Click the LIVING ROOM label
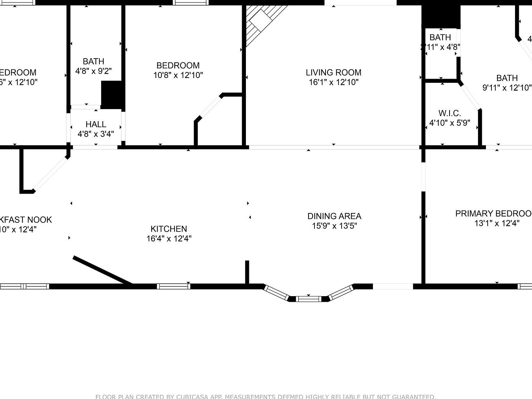pyautogui.click(x=333, y=72)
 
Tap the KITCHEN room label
pyautogui.click(x=169, y=229)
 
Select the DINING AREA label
pyautogui.click(x=334, y=216)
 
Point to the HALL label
pyautogui.click(x=96, y=124)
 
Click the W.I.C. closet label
pyautogui.click(x=450, y=113)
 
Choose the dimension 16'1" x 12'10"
pyautogui.click(x=333, y=82)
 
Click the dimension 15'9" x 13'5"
pyautogui.click(x=334, y=226)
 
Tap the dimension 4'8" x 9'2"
pyautogui.click(x=94, y=71)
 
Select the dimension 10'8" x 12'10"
pyautogui.click(x=178, y=75)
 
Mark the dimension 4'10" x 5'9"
pyautogui.click(x=450, y=123)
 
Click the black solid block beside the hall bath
pyautogui.click(x=112, y=95)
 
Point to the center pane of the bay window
pyautogui.click(x=309, y=299)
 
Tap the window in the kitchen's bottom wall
pyautogui.click(x=173, y=286)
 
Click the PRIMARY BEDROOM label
pyautogui.click(x=494, y=213)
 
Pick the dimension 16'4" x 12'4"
pyautogui.click(x=169, y=239)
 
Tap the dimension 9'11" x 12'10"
pyautogui.click(x=507, y=88)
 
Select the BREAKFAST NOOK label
pyautogui.click(x=26, y=220)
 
